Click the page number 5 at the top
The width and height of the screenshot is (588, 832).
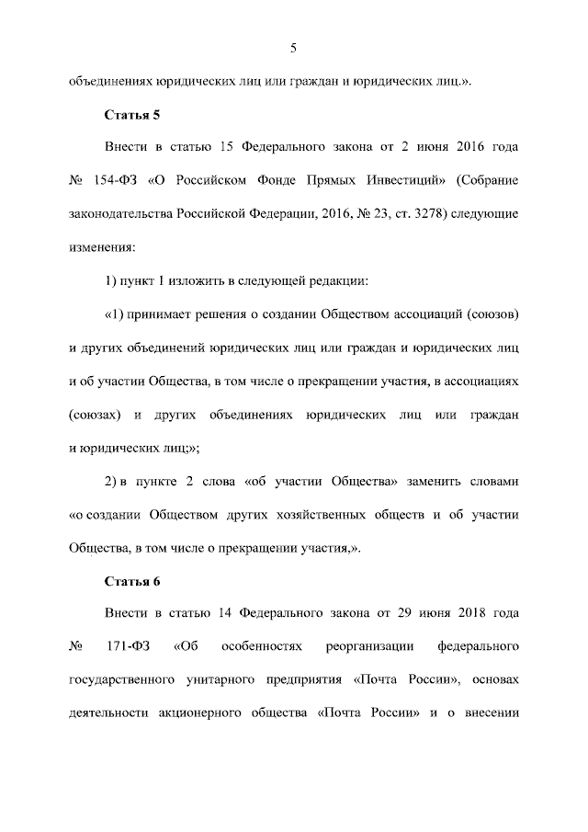[293, 48]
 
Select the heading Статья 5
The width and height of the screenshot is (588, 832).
[132, 114]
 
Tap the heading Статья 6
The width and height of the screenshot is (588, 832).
[132, 581]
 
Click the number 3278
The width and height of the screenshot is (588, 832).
[412, 214]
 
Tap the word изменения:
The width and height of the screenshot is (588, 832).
[102, 246]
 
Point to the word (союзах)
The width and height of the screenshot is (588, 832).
[96, 416]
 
